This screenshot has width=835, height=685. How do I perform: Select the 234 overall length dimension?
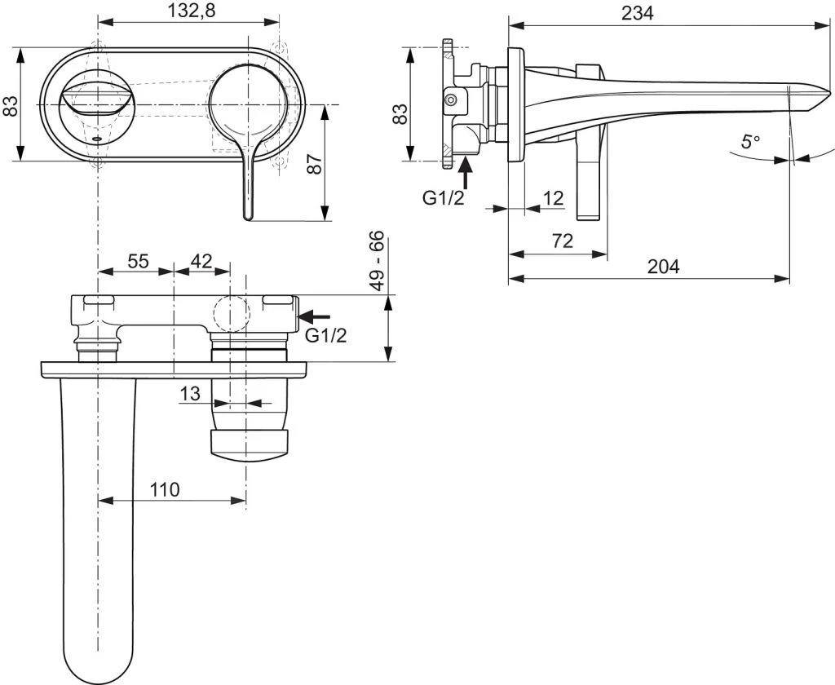(637, 12)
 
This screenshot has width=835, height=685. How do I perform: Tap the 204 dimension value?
(663, 267)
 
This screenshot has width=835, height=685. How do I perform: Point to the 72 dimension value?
(562, 241)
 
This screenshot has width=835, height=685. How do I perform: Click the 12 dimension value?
(553, 198)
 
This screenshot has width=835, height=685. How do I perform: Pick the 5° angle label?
(749, 141)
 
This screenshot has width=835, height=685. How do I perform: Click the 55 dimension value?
(138, 261)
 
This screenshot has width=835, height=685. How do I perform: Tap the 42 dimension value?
(201, 261)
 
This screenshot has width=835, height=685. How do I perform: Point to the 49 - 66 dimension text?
(376, 261)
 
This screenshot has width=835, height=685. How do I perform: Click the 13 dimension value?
(190, 393)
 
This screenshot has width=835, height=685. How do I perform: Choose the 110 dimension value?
(164, 489)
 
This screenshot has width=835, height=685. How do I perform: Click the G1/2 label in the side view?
(444, 197)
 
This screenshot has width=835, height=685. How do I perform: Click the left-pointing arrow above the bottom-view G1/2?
(316, 315)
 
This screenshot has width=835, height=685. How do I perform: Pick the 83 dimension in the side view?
(400, 113)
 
